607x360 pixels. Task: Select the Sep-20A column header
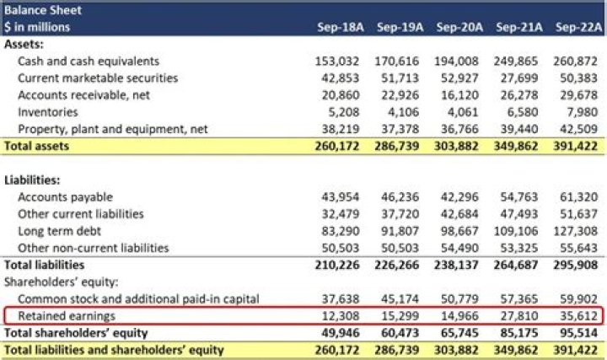459,28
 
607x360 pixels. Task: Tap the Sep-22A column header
579,28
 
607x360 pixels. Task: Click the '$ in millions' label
37,28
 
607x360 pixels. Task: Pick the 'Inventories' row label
48,112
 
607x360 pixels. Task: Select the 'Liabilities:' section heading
32,180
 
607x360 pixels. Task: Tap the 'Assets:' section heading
24,44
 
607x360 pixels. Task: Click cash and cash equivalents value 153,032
338,62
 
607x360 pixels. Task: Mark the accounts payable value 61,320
579,197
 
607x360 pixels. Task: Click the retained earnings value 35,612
579,316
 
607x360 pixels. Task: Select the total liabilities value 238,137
458,265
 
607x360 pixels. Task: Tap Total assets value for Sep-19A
399,147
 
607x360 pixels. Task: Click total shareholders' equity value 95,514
579,333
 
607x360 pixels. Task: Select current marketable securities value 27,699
519,78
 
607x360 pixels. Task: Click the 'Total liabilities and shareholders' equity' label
115,350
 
